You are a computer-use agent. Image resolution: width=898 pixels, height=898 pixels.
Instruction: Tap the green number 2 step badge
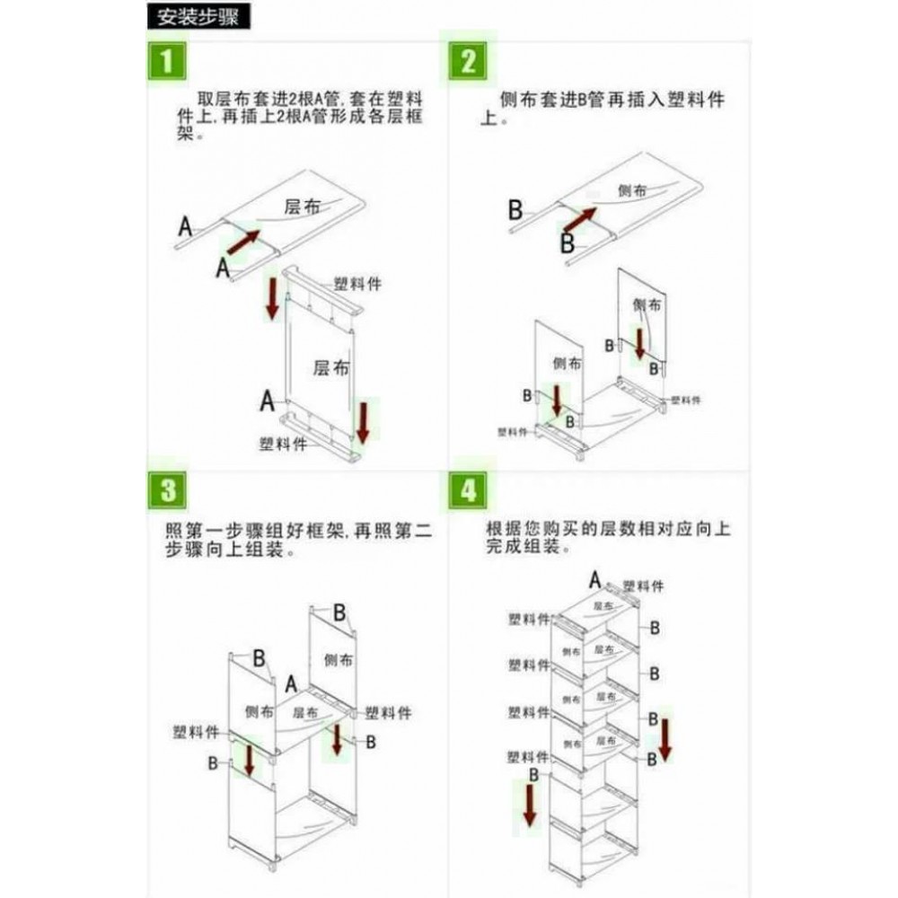click(x=468, y=63)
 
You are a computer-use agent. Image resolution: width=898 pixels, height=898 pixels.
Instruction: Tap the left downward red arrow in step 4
click(x=530, y=803)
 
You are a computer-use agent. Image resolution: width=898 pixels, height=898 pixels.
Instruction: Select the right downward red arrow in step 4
click(x=665, y=738)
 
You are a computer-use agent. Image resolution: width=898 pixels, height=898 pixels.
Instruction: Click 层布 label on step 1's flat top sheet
click(x=300, y=206)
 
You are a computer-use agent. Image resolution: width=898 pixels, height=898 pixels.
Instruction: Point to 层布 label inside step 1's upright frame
click(x=330, y=367)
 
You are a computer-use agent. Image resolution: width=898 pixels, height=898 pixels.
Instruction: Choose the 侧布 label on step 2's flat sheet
click(x=631, y=190)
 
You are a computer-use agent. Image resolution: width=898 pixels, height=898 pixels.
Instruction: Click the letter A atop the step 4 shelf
click(x=594, y=578)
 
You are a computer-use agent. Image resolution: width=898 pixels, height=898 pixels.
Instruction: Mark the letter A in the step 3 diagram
click(x=291, y=684)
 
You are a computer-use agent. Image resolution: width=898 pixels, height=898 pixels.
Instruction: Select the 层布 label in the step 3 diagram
click(x=305, y=710)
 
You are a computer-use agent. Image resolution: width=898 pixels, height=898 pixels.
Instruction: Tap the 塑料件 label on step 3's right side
click(x=388, y=712)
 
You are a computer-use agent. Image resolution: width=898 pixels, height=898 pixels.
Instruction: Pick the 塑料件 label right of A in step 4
click(x=643, y=585)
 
